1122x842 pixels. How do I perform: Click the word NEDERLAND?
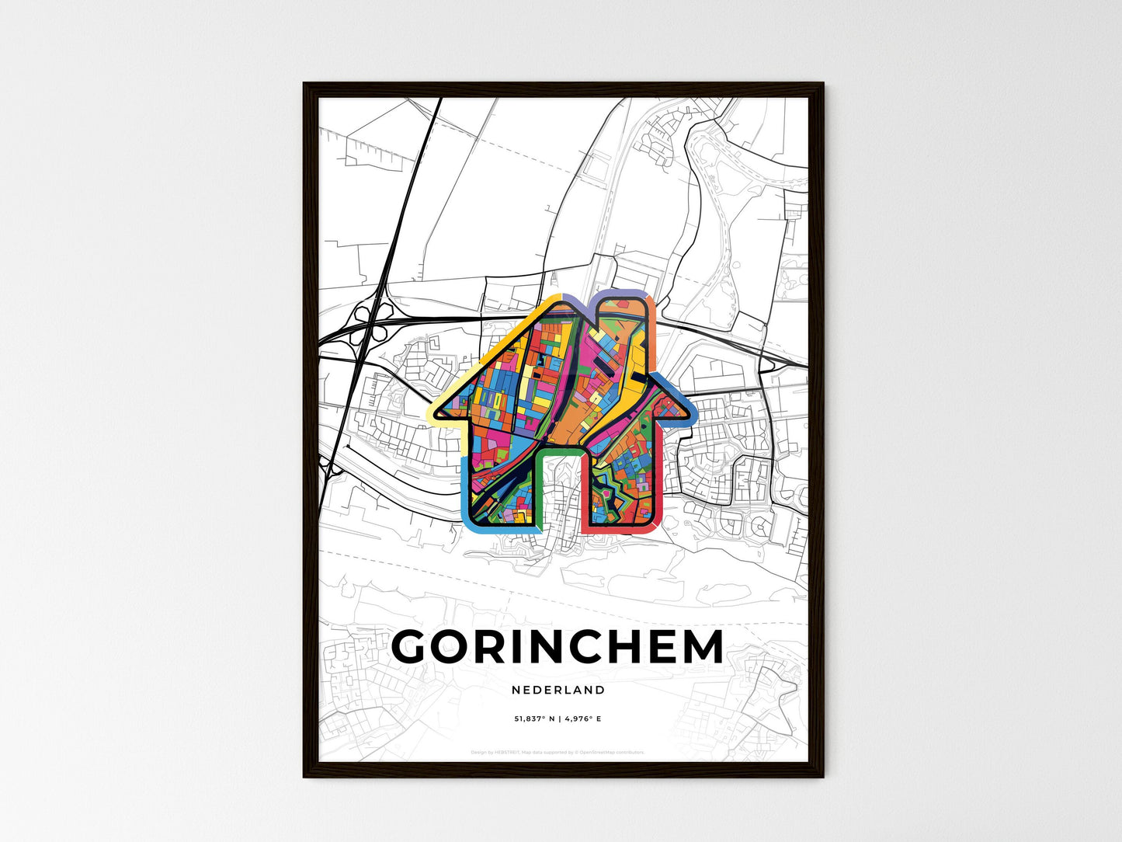(558, 690)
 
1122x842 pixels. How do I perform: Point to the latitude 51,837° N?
(533, 719)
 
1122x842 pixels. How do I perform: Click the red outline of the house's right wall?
(657, 482)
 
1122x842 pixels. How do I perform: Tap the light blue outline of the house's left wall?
(465, 489)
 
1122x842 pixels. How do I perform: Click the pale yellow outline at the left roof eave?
(439, 416)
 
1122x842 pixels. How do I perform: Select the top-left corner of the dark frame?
(304, 85)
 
